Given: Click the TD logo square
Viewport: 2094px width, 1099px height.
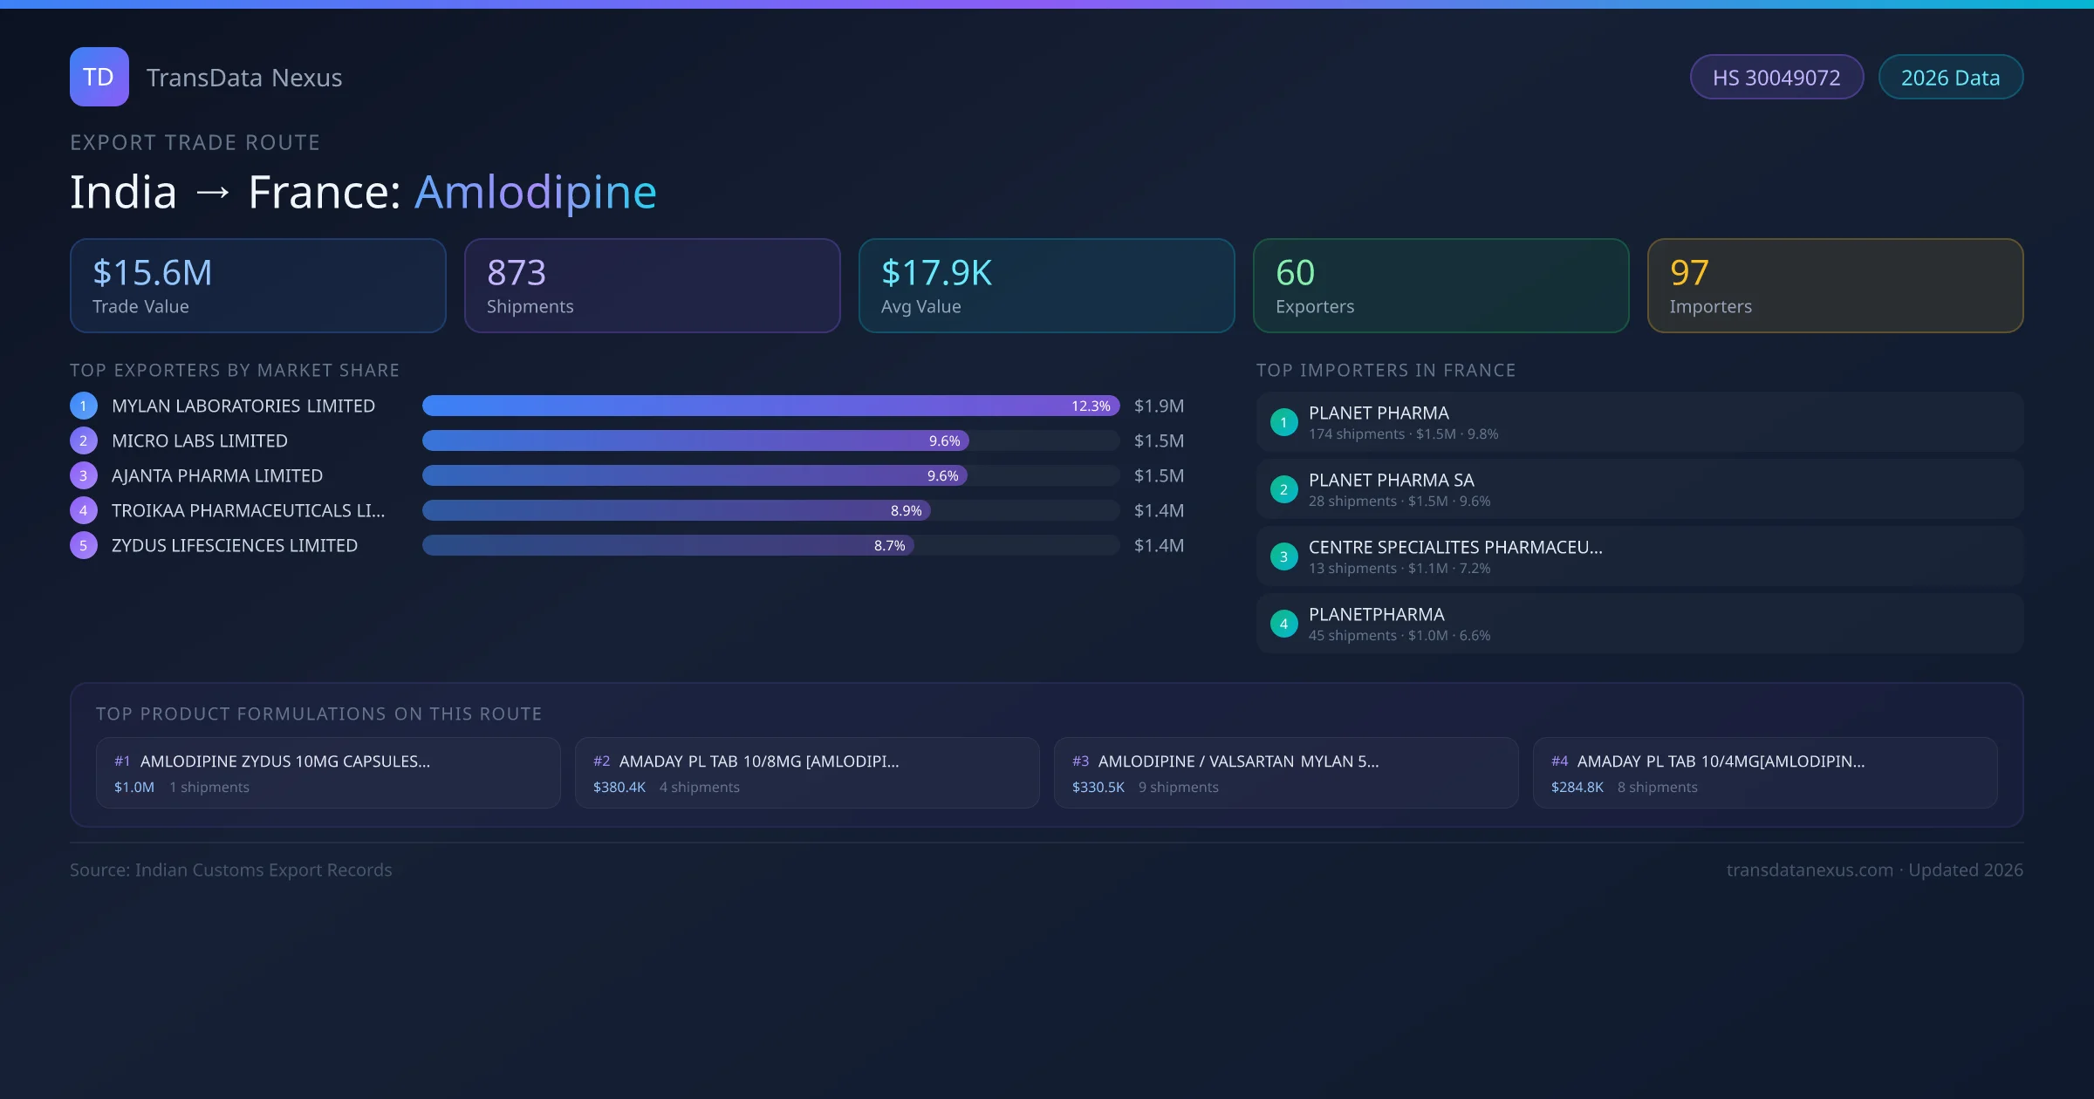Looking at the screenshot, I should coord(99,77).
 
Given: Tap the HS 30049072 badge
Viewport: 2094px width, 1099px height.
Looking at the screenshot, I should coord(1776,78).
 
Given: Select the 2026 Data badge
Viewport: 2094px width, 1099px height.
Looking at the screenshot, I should coord(1950,78).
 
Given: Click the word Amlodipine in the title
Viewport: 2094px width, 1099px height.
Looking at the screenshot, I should coord(535,192).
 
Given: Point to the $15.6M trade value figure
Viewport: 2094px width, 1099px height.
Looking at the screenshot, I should coord(153,273).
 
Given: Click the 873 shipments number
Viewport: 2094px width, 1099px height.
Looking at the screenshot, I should coord(517,273).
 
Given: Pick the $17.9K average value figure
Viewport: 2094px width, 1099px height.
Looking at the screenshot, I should coord(936,273).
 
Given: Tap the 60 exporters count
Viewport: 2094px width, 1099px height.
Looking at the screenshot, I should coord(1295,273).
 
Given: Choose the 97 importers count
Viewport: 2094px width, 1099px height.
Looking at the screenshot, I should coord(1689,273).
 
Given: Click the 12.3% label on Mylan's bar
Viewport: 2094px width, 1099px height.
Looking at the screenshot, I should coord(1091,406).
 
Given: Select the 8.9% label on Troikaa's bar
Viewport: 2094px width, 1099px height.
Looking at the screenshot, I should coord(906,511).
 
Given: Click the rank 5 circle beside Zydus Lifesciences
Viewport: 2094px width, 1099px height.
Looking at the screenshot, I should coord(84,546).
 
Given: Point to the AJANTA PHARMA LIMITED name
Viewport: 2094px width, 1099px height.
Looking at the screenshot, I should coord(217,476).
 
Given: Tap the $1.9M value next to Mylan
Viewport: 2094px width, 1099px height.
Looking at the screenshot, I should coord(1159,406).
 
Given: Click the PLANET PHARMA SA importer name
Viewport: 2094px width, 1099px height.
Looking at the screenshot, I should coord(1391,481).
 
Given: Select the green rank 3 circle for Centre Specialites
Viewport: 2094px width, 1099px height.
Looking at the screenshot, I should coord(1283,556).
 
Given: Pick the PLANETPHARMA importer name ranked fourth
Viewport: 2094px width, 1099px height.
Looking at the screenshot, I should coord(1376,615).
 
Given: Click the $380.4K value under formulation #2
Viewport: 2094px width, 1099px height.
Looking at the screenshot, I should coord(619,788).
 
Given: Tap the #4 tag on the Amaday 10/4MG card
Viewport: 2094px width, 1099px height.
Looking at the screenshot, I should coord(1559,761).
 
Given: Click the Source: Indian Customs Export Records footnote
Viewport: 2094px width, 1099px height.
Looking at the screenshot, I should coord(231,870).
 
